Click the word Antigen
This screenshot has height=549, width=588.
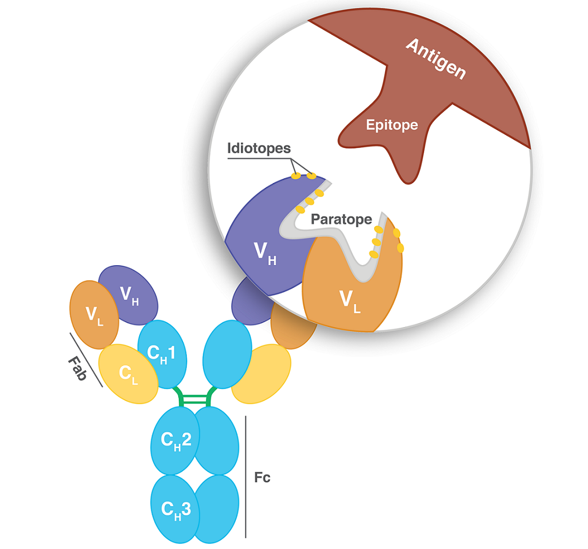435,59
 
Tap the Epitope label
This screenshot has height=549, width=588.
392,125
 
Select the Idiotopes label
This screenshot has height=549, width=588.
259,147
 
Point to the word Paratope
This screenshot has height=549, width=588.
341,219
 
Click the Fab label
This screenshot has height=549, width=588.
78,368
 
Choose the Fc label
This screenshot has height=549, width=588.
262,477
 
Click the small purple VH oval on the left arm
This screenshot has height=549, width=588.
129,294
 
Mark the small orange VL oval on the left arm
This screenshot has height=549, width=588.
93,313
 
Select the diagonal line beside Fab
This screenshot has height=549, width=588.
86,360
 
